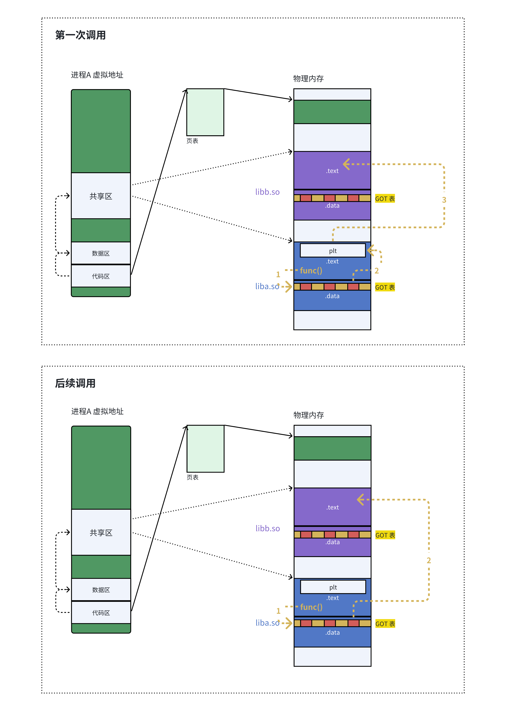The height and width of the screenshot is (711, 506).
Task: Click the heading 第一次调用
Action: coord(80,35)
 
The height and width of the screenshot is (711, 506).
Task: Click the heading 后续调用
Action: coord(75,383)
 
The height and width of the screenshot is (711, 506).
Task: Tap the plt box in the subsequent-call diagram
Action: coord(333,587)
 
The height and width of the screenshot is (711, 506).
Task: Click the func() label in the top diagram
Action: coord(311,270)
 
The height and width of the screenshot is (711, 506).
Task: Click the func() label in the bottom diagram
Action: coord(311,607)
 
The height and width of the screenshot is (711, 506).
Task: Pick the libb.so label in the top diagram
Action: coord(267,192)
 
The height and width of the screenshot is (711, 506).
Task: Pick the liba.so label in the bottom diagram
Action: coord(267,623)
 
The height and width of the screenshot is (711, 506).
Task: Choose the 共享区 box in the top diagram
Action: coord(101,196)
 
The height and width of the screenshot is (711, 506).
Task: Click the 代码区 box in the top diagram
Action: coord(101,276)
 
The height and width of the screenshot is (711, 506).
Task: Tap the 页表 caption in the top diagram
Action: coord(192,141)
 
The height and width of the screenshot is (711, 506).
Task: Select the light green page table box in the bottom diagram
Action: coord(205,449)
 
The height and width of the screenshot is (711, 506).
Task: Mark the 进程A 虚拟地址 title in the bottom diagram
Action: coord(97,411)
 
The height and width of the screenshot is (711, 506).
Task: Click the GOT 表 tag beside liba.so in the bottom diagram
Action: coord(385,624)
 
